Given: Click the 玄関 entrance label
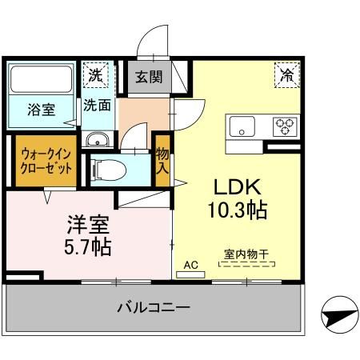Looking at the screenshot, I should coord(146,78).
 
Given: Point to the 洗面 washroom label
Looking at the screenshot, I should coord(98,104).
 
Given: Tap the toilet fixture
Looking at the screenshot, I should coord(106,169).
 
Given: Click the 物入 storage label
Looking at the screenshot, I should coord(162,161).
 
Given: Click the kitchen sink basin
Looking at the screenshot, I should coord(242,126).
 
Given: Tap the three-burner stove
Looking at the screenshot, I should coord(284,126).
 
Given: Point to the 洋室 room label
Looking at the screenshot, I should coord(87,223).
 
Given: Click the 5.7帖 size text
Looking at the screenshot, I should coord(87,246).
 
